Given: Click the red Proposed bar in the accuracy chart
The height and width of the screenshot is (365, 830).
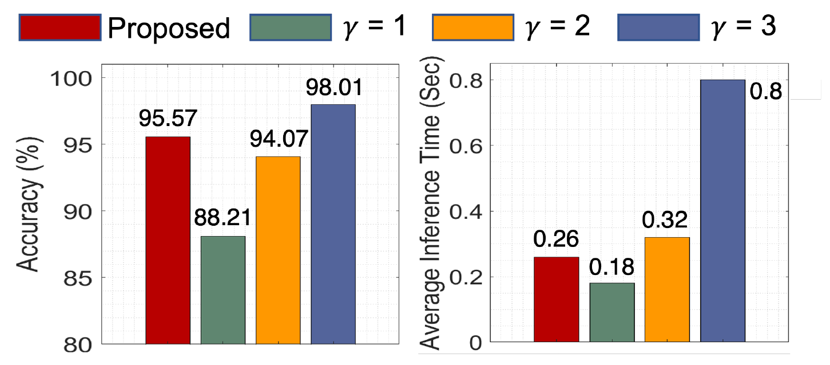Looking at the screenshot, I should pyautogui.click(x=168, y=241).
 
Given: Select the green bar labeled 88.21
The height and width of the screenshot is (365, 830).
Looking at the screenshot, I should pyautogui.click(x=223, y=290).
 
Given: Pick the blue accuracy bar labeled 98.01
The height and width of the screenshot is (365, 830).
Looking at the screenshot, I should pyautogui.click(x=333, y=224).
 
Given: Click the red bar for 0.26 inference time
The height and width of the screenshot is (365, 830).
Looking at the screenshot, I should pyautogui.click(x=556, y=300).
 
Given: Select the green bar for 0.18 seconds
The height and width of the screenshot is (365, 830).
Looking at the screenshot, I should pyautogui.click(x=612, y=313).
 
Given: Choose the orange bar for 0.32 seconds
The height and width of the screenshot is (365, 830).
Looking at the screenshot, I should pyautogui.click(x=667, y=290).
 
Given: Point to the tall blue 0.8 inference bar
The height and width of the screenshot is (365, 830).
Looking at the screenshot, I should pyautogui.click(x=722, y=211).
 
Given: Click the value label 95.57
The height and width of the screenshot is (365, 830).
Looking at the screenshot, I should pyautogui.click(x=168, y=120).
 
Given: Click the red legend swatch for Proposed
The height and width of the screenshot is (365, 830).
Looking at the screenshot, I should pyautogui.click(x=60, y=28).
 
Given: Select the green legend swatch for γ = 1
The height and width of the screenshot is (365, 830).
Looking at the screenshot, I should pyautogui.click(x=291, y=28).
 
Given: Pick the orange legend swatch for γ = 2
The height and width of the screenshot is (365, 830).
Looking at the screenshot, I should pyautogui.click(x=472, y=28).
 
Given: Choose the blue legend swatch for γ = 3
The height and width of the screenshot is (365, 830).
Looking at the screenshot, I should pyautogui.click(x=658, y=28).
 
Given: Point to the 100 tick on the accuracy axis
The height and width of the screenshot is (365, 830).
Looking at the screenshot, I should pyautogui.click(x=80, y=79).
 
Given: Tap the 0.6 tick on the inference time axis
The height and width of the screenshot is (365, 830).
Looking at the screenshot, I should pyautogui.click(x=466, y=146).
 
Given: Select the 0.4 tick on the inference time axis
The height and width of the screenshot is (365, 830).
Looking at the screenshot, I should pyautogui.click(x=466, y=211).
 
